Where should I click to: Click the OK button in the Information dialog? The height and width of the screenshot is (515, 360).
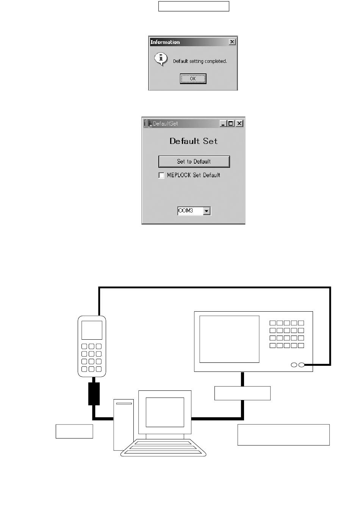(x=193, y=79)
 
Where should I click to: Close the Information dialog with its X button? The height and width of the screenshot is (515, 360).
(x=232, y=42)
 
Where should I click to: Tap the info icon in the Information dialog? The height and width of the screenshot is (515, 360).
(x=161, y=59)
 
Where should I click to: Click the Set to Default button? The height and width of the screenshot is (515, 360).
(x=194, y=162)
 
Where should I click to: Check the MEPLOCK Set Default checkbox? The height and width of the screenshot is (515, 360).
(x=161, y=175)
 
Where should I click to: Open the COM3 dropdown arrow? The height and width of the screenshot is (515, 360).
(x=207, y=211)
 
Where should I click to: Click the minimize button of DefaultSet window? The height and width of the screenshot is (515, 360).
(x=223, y=123)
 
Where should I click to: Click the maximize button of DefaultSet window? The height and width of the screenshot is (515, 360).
(x=231, y=123)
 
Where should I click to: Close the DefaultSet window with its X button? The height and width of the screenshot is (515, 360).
(x=239, y=123)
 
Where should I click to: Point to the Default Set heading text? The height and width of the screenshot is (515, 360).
(x=194, y=141)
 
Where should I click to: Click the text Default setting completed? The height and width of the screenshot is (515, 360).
(x=200, y=61)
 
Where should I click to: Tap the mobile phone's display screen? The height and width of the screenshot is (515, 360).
(x=92, y=330)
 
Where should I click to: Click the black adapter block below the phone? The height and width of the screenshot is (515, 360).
(x=94, y=394)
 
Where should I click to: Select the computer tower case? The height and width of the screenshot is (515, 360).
(x=124, y=424)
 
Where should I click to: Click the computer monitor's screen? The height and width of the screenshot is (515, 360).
(x=165, y=412)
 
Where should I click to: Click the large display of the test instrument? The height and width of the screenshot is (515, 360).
(x=229, y=339)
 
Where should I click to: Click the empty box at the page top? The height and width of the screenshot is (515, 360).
(x=194, y=6)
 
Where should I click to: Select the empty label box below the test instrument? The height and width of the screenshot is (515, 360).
(x=243, y=393)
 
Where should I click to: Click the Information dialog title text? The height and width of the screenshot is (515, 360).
(x=165, y=42)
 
